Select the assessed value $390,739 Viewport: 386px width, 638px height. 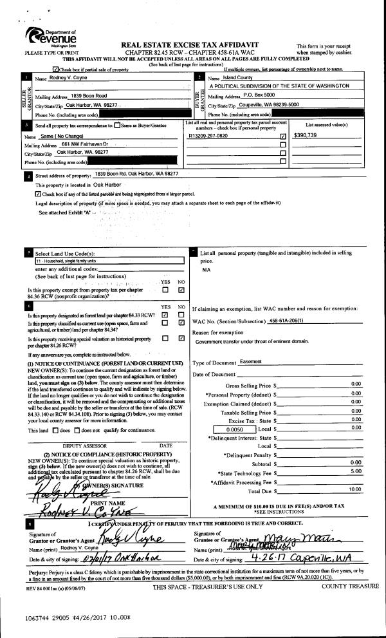(x=306, y=136)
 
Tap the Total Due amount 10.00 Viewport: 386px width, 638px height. (x=354, y=489)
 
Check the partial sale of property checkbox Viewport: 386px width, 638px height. (x=55, y=69)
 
